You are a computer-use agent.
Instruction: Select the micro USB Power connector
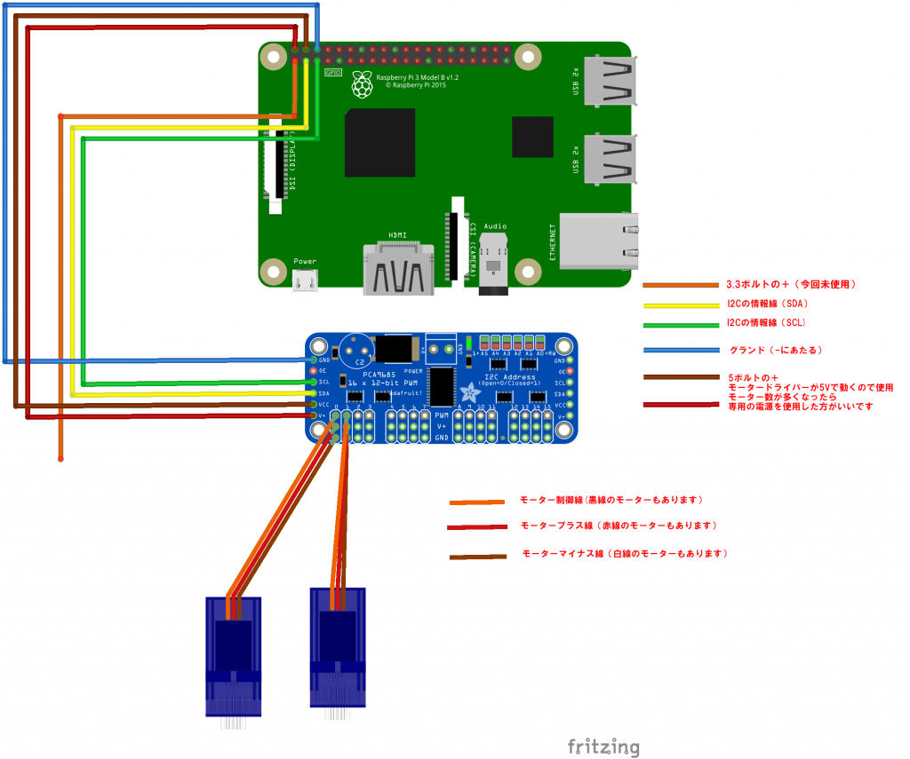click(305, 280)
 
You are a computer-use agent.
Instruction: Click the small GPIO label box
click(333, 72)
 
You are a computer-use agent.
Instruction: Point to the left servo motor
click(233, 657)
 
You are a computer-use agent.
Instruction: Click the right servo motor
click(338, 646)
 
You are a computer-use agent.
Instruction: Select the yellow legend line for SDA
click(680, 305)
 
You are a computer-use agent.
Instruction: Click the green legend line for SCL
click(680, 325)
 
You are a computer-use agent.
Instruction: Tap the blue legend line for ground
click(680, 350)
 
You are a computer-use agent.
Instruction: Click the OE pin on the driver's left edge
click(313, 371)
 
